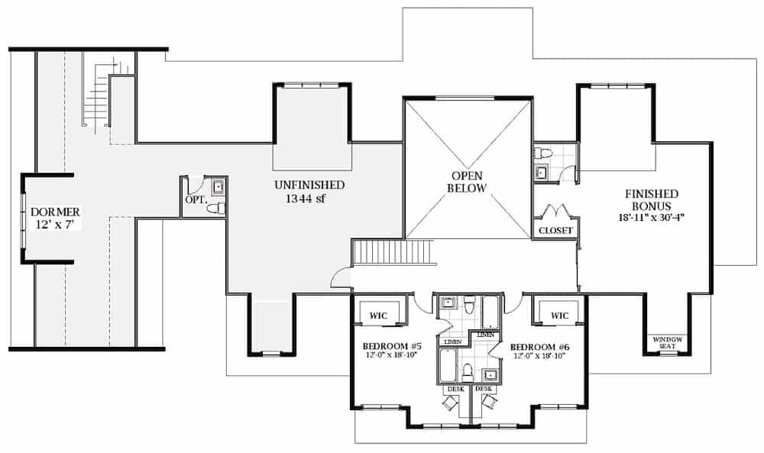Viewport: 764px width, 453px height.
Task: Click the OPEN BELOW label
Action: click(467, 182)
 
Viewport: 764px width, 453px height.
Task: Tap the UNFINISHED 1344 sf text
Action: click(309, 192)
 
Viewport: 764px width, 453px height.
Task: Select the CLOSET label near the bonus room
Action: click(555, 230)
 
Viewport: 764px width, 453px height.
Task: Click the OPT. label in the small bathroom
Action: click(193, 200)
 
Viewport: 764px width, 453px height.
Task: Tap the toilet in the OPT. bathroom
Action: click(215, 208)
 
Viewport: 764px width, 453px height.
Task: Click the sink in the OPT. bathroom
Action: click(217, 186)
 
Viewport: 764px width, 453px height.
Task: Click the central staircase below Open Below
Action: click(393, 251)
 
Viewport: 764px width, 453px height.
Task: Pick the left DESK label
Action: click(455, 389)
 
